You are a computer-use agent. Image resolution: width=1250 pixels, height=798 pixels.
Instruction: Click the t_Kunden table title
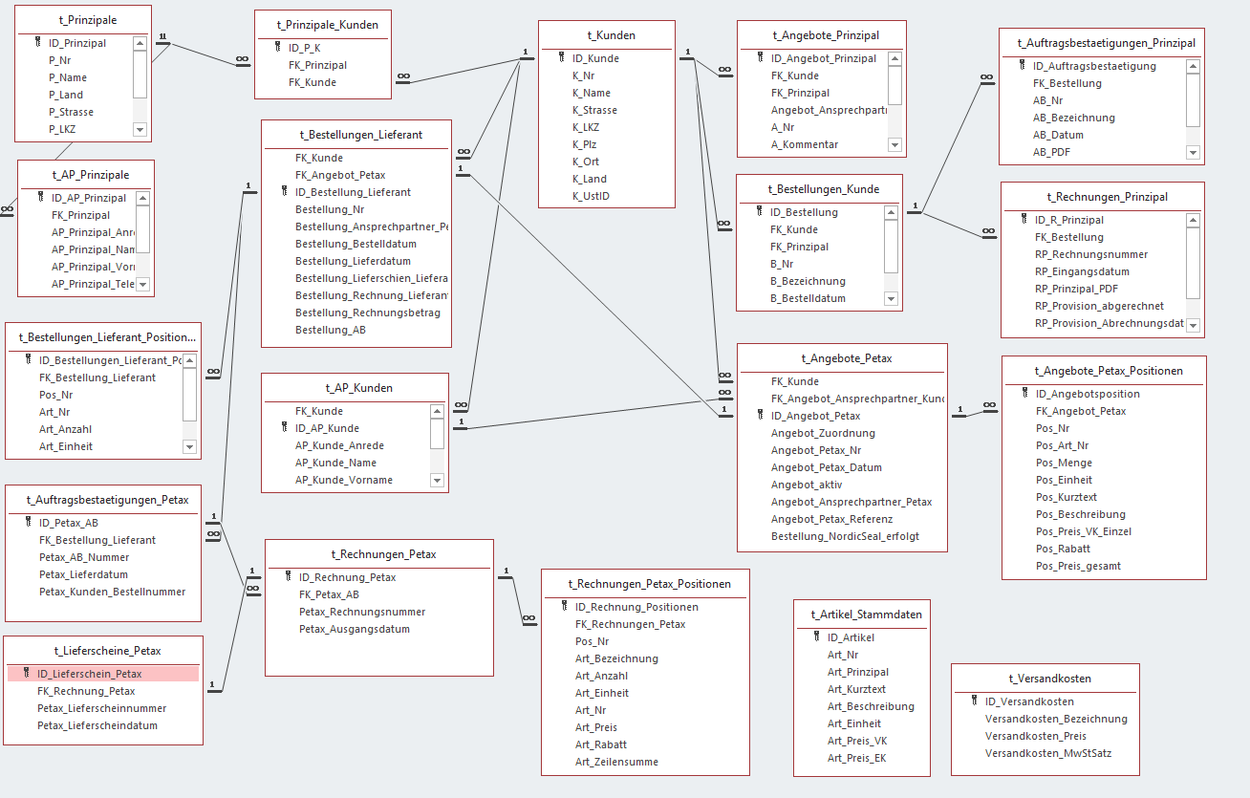[x=611, y=35]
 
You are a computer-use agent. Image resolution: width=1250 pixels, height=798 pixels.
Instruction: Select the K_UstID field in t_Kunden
[x=591, y=196]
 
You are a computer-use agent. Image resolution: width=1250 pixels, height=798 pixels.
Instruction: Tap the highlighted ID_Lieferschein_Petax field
[x=89, y=674]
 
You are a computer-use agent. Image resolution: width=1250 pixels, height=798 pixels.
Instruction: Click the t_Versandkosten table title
[x=1049, y=679]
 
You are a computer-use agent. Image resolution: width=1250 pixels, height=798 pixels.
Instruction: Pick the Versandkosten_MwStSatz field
[x=1047, y=753]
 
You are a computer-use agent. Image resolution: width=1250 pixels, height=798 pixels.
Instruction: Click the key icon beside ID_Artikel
[x=816, y=636]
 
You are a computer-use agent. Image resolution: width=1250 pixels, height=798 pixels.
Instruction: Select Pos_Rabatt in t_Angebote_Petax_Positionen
[x=1063, y=549]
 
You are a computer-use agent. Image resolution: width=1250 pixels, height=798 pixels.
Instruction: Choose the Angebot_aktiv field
[x=807, y=485]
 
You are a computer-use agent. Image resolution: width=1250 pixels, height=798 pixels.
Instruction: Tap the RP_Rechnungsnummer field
[x=1090, y=254]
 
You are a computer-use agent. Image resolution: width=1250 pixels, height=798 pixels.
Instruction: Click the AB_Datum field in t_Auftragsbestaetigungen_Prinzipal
[x=1058, y=135]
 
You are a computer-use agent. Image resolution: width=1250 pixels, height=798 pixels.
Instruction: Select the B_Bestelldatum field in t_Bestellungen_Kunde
[x=808, y=298]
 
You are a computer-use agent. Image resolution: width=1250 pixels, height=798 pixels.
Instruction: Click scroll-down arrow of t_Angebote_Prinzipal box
[x=895, y=144]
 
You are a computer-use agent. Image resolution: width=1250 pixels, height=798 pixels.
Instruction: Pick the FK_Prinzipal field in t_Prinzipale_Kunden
[x=317, y=65]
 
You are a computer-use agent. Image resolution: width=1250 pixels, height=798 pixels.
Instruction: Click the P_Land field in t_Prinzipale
[x=66, y=95]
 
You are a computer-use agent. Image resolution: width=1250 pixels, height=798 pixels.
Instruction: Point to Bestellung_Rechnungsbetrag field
[x=367, y=313]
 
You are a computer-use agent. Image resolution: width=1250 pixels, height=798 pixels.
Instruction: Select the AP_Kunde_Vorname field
[x=343, y=480]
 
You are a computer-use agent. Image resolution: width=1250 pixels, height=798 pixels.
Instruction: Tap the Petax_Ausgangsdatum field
[x=354, y=629]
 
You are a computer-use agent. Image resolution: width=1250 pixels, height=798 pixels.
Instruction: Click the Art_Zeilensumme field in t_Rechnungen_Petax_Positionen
[x=616, y=762]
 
